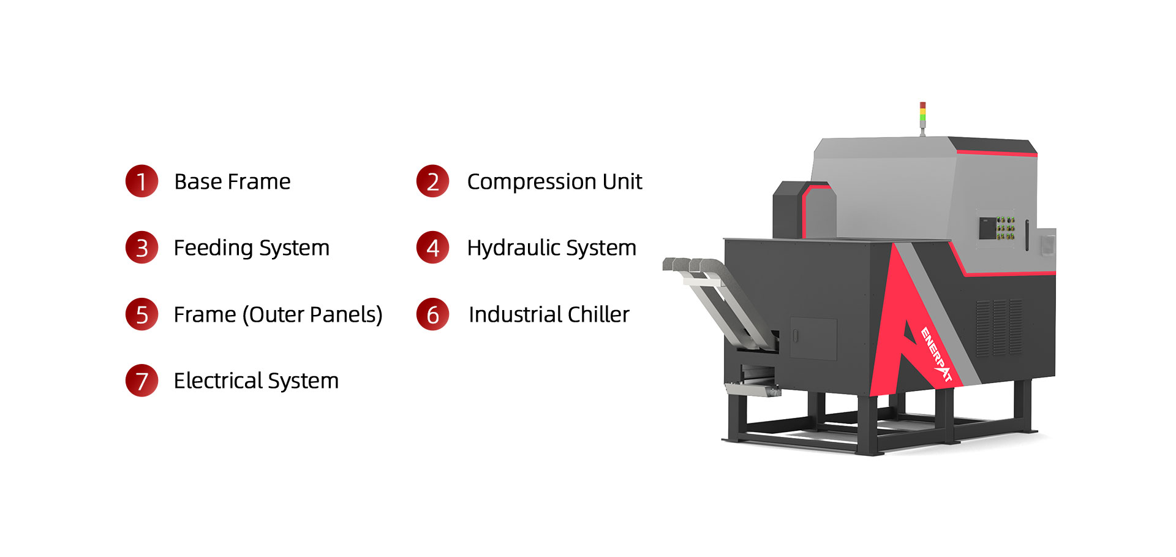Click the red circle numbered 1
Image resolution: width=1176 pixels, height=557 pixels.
[141, 181]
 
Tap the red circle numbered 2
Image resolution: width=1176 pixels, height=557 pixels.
[432, 181]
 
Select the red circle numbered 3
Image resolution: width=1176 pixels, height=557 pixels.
[141, 248]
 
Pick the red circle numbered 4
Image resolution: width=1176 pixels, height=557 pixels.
[432, 248]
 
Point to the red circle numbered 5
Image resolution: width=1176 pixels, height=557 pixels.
[141, 314]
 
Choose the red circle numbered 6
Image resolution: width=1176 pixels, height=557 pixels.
[432, 314]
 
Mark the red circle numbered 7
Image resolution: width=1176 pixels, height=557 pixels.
[141, 381]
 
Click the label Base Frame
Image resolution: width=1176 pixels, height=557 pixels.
[232, 182]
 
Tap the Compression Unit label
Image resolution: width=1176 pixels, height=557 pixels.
[554, 182]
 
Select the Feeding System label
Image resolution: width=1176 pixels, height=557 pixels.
[251, 248]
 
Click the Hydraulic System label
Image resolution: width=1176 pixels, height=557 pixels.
[551, 248]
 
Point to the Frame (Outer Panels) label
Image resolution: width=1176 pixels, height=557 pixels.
[278, 315]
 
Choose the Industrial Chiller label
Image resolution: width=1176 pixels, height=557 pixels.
[549, 315]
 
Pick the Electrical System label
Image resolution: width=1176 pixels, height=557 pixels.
[256, 381]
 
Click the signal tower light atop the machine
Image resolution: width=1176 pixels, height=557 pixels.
[922, 116]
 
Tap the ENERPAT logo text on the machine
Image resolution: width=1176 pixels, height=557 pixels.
[937, 355]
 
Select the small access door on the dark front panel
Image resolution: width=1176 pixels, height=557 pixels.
[813, 338]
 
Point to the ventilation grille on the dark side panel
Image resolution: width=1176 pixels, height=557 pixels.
[999, 327]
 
